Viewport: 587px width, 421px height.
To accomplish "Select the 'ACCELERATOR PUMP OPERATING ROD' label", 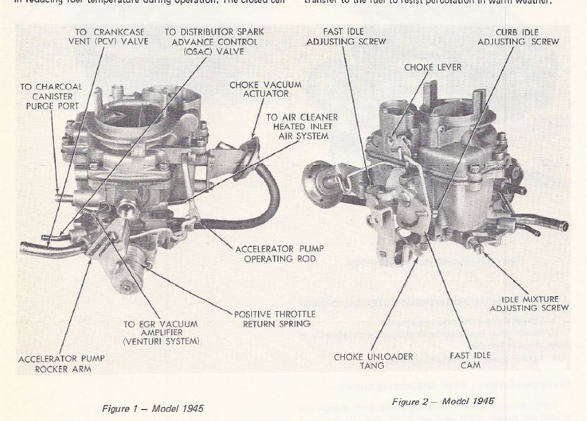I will click(x=275, y=253).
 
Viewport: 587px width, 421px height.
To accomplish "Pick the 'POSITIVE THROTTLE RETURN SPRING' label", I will click(x=274, y=319).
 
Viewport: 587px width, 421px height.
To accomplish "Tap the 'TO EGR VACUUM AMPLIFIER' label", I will click(x=162, y=332).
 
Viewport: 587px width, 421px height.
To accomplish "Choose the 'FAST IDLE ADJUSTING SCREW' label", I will click(x=346, y=37).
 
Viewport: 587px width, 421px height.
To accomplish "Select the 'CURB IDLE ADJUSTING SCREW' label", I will click(x=518, y=37).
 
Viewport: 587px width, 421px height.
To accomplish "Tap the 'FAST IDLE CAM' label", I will click(x=465, y=360).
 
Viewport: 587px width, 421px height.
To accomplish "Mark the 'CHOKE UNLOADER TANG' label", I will click(x=374, y=361).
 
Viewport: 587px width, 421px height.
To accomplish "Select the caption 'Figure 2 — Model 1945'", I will click(x=443, y=401).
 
